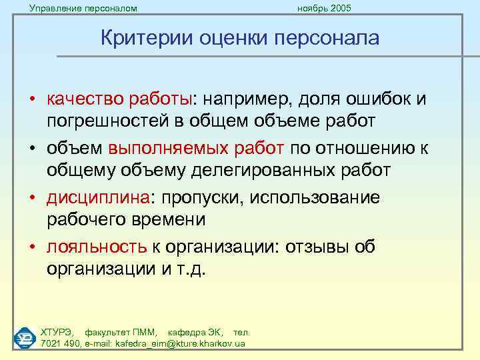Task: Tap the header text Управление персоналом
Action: click(83, 8)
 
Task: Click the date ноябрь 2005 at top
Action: click(325, 8)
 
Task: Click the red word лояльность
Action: click(97, 247)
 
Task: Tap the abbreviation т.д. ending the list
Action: click(191, 269)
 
